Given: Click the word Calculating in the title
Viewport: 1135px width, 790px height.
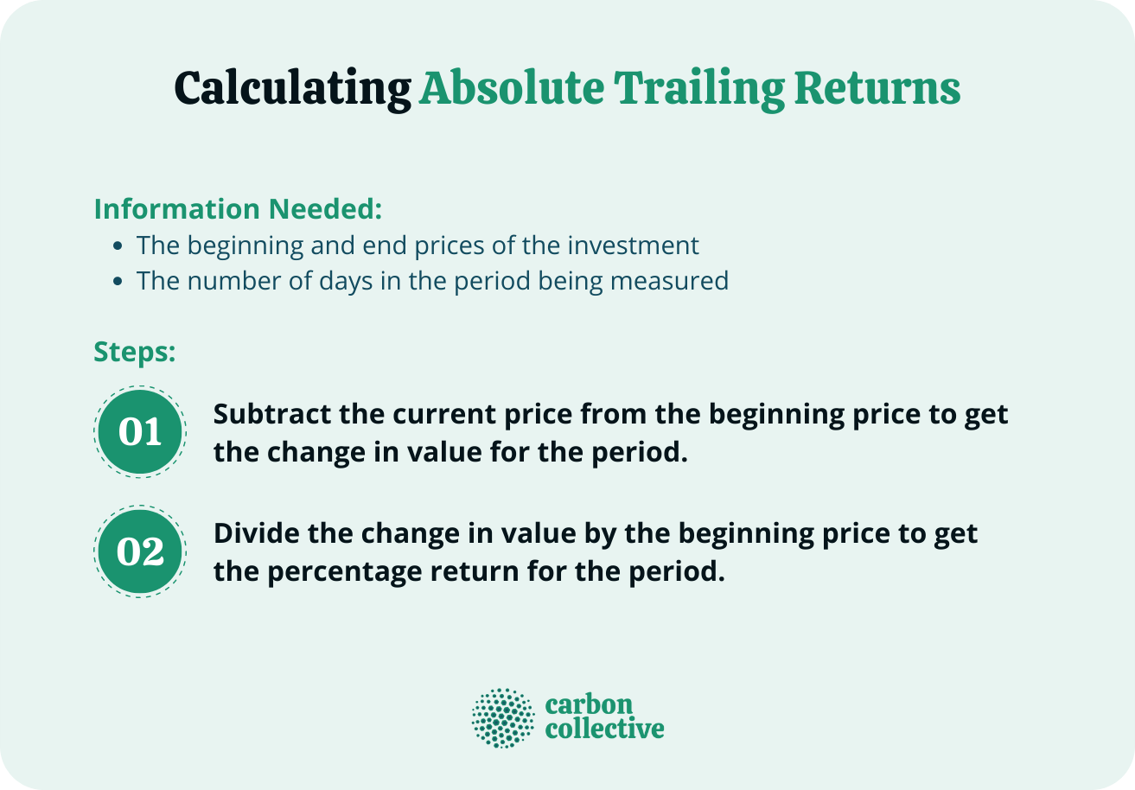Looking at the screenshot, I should [291, 89].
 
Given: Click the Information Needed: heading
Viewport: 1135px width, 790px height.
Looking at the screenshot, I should [238, 209].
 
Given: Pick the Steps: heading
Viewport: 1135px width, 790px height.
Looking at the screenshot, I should [135, 352].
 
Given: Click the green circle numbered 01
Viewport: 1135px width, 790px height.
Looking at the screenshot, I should [140, 431].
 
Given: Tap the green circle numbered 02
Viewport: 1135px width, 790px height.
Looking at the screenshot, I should [140, 551].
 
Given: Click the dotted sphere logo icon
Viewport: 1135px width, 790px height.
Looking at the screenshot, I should [503, 717].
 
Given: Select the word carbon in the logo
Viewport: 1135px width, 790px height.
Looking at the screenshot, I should [589, 704].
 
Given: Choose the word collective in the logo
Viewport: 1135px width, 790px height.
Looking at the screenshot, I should [604, 729].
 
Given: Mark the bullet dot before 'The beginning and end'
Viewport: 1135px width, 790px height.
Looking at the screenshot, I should [118, 246].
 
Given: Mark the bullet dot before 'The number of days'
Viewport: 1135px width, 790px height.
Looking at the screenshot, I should [118, 282].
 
